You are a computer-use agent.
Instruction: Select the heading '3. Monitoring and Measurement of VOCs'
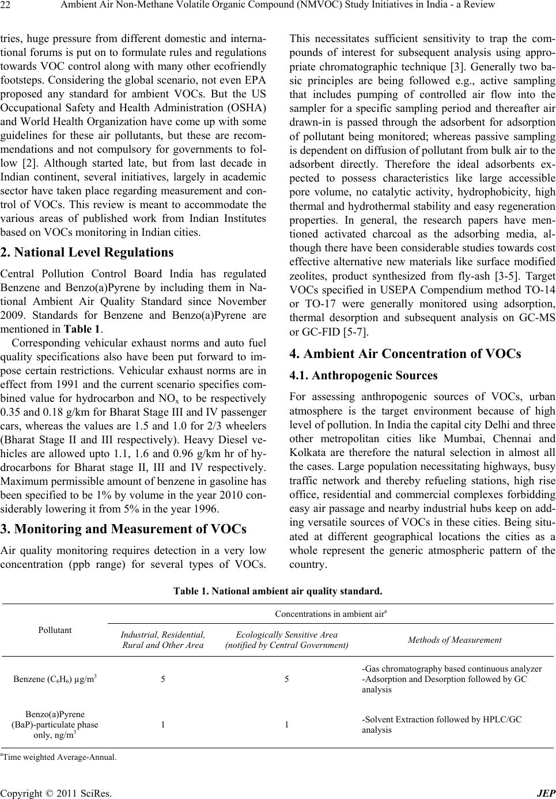coord(124,529)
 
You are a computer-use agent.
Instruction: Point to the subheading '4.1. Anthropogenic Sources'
coord(364,376)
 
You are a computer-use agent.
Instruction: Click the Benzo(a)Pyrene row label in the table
coord(55,725)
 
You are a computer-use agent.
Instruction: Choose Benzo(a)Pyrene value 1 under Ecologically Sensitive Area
coord(286,725)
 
